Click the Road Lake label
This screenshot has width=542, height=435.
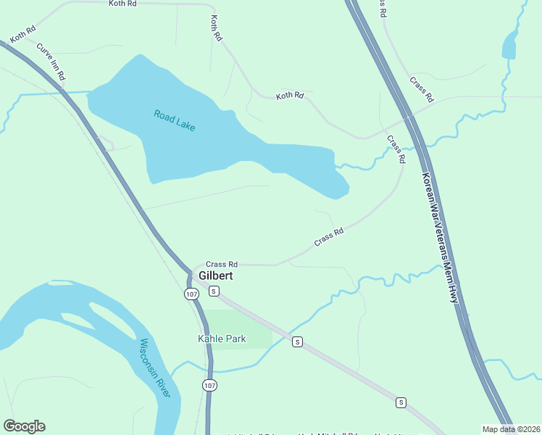pos(175,120)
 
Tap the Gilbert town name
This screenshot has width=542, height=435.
pos(216,277)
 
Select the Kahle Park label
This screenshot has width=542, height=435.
pos(222,339)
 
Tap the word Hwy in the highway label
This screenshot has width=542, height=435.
pos(454,292)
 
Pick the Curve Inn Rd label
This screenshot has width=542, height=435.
pos(51,62)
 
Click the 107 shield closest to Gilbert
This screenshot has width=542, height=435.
pos(191,294)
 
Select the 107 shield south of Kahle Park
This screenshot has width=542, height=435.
pos(209,385)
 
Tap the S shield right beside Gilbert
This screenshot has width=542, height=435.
pos(214,291)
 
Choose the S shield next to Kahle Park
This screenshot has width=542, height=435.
pos(296,341)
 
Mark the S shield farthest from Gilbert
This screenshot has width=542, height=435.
pos(401,402)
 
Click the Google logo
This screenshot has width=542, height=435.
pos(24,426)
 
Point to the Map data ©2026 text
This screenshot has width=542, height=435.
pos(510,429)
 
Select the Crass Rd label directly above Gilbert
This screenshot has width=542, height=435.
pos(222,265)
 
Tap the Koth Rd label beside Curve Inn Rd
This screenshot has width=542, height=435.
pos(23,34)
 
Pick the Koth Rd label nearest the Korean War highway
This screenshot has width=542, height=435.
pos(290,96)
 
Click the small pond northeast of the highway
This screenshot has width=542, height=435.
pos(510,46)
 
